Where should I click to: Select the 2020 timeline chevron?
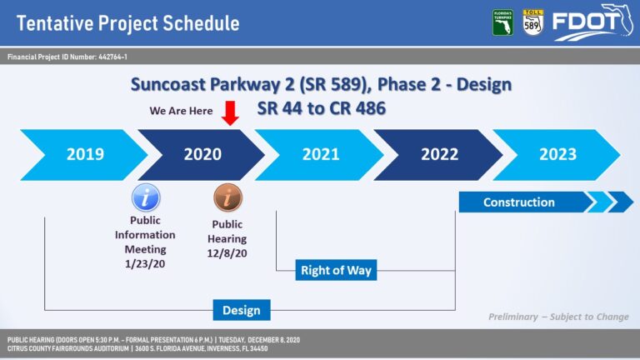(202, 155)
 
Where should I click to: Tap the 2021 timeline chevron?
(321, 155)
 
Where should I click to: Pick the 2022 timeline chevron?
(439, 155)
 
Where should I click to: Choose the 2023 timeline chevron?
(557, 155)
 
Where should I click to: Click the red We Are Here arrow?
(230, 113)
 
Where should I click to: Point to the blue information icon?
(146, 197)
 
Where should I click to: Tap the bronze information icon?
(227, 197)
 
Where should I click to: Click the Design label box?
(242, 310)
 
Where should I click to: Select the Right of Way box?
(336, 270)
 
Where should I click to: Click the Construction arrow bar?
(546, 202)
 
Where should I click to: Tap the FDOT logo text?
(586, 22)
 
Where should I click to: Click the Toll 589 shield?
(533, 22)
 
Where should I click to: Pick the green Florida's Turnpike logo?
(502, 22)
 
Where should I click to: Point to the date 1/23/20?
(145, 263)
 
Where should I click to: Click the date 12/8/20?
(227, 253)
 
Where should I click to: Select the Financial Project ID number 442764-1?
(112, 57)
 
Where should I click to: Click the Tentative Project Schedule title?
(127, 23)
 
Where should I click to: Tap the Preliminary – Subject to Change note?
(558, 317)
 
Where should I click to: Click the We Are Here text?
(181, 111)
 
